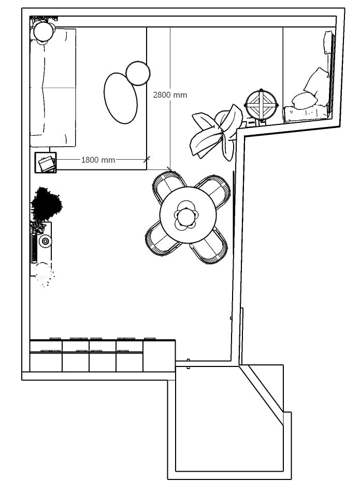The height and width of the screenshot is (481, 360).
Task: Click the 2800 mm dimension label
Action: coord(170,95)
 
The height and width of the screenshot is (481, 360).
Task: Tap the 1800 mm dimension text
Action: coord(98,160)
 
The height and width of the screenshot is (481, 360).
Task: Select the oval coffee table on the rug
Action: coord(121,98)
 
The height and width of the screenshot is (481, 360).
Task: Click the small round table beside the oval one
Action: coord(138,73)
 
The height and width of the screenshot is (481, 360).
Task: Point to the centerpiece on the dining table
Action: coord(186,217)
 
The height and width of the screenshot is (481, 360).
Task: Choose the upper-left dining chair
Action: coord(168,186)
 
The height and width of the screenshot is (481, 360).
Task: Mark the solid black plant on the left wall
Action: coord(47,204)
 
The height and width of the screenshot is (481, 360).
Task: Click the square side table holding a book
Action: coord(46,163)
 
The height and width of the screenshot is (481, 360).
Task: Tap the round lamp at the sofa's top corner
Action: coord(44,32)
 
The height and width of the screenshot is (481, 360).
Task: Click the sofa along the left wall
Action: coord(53,88)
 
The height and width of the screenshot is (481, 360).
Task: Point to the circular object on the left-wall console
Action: coord(45,240)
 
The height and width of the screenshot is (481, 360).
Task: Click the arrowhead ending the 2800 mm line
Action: coord(169,169)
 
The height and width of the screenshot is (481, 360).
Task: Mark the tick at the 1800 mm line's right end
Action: coord(147,159)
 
